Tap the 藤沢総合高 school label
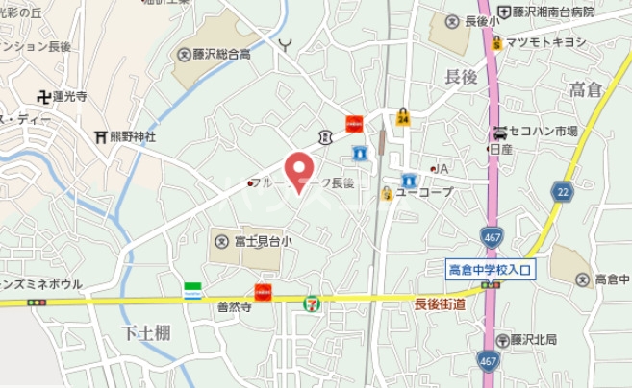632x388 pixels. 222,55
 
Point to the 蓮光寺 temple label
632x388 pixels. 69,96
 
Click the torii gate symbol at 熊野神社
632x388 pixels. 100,137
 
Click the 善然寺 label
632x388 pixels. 234,308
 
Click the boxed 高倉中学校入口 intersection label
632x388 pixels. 490,270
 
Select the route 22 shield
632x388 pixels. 562,192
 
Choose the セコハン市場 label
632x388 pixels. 544,132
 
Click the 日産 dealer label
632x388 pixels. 500,149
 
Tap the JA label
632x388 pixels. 442,169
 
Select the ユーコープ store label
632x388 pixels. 423,192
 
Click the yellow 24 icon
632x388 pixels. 402,117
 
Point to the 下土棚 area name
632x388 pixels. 146,332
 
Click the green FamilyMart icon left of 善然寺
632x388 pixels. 193,289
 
